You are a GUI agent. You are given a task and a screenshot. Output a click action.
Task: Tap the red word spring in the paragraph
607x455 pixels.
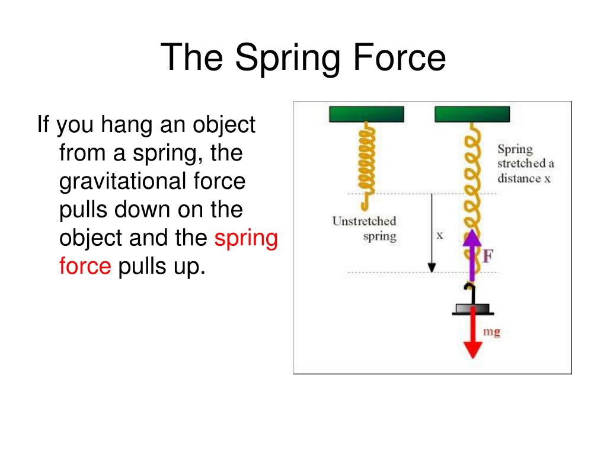246,238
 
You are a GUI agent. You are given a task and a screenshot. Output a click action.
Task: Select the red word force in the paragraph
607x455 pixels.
85,267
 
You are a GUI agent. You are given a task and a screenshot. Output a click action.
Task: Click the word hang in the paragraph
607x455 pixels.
124,125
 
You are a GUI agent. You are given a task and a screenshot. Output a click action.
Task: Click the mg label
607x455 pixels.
491,332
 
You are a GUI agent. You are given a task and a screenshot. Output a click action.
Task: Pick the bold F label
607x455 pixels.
488,257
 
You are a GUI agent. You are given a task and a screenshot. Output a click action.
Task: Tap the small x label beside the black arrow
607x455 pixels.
440,235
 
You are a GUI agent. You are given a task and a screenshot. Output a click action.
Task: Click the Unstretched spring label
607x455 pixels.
364,229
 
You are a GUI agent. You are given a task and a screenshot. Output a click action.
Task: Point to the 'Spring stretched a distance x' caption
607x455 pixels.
525,164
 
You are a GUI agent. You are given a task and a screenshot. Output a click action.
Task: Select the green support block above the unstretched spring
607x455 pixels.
366,114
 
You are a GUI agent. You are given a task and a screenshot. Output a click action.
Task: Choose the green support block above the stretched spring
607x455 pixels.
472,114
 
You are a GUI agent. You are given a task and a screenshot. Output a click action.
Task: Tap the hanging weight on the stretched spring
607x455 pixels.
473,308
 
